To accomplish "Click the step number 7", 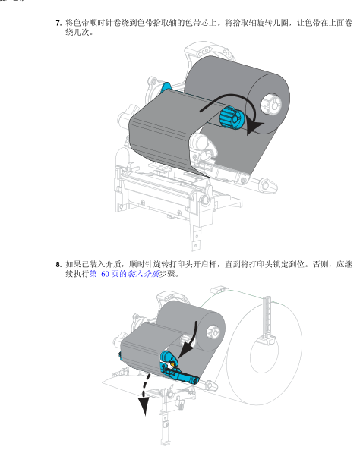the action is tap(58, 24).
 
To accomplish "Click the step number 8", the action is tap(58, 264).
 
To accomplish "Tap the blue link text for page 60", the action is tap(125, 274).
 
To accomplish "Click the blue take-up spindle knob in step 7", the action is tap(232, 118).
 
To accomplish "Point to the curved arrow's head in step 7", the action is tap(254, 127).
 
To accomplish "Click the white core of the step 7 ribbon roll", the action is tap(270, 104).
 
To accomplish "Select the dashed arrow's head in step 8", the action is tap(144, 405).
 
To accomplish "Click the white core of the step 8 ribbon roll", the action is tap(213, 333).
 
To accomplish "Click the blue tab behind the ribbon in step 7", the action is tap(166, 87).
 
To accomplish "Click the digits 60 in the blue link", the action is tap(105, 274).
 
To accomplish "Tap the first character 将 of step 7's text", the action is tap(69, 23).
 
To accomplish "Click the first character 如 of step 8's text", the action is tap(69, 264).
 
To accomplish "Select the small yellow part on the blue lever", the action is tap(172, 364).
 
